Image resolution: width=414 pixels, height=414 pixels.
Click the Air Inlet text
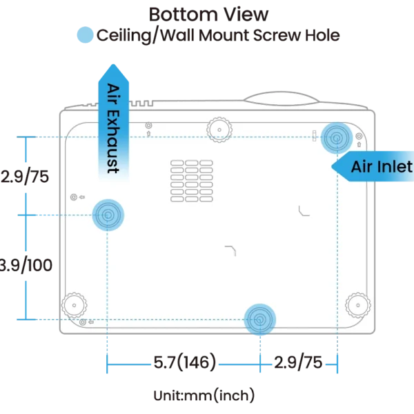click(x=381, y=166)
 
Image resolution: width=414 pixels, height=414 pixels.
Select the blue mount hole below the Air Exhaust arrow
click(x=108, y=216)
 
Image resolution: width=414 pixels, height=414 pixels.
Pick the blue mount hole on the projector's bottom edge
click(x=259, y=319)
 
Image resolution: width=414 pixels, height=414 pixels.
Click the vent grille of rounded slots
click(x=191, y=181)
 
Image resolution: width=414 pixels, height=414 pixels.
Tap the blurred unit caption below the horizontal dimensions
click(x=205, y=395)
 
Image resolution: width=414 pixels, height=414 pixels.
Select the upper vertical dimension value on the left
click(x=25, y=176)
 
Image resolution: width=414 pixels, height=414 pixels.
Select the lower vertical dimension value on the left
click(x=26, y=264)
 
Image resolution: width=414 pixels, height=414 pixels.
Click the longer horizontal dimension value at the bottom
click(x=184, y=360)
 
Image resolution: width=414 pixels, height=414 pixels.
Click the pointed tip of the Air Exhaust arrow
click(x=113, y=63)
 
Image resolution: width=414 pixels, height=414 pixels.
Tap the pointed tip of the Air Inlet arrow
click(x=334, y=166)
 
